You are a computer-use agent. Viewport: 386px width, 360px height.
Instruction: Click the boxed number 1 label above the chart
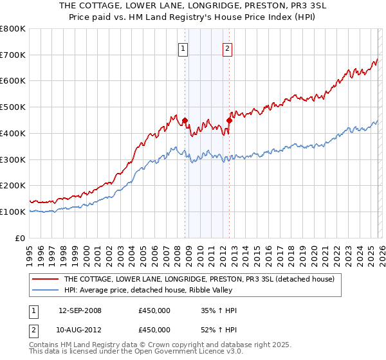(183, 47)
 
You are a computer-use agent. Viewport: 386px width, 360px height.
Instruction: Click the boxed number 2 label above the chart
(228, 47)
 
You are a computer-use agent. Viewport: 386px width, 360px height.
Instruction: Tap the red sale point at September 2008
(185, 120)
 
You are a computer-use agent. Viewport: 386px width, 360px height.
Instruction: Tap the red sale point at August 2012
(229, 120)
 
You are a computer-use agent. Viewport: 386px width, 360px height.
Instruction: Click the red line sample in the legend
(45, 280)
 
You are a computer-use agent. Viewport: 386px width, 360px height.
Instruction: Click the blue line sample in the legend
(45, 291)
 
